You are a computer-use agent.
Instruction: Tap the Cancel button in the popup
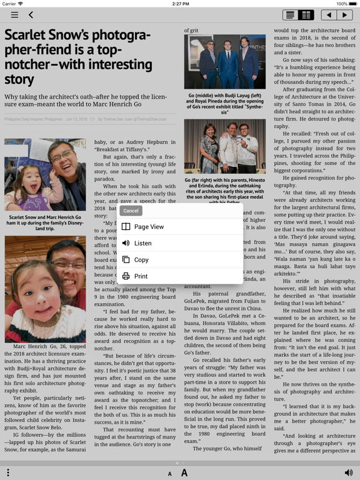coord(131,211)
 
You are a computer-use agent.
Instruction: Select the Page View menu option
coord(149,227)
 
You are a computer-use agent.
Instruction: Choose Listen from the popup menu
coord(142,243)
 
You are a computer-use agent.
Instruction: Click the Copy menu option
coord(141,259)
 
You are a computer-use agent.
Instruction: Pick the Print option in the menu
coord(141,276)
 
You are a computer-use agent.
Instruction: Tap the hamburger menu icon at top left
coord(14,14)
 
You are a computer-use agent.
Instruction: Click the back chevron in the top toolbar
coord(31,14)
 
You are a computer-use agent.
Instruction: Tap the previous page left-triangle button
coord(329,14)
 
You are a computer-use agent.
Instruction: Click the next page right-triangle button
coord(344,14)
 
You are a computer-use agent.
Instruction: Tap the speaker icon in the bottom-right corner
coord(348,472)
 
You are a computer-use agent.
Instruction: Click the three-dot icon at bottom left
coord(8,472)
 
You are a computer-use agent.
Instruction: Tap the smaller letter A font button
coord(169,474)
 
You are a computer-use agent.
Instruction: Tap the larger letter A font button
coord(184,472)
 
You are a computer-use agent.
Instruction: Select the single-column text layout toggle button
coord(289,14)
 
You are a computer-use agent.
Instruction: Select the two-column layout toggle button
coord(306,14)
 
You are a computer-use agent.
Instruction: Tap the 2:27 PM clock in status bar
coord(180,4)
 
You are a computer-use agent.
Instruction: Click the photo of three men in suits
coord(221,62)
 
